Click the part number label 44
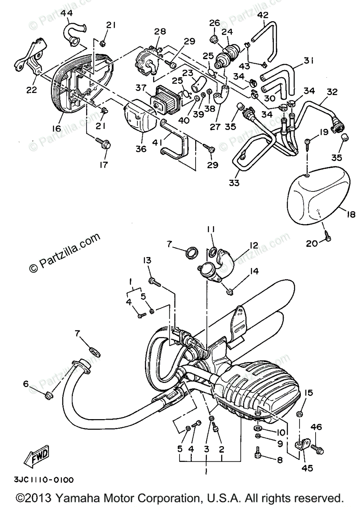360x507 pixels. coord(66,14)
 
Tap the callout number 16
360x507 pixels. coord(57,128)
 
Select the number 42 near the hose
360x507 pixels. coord(262,15)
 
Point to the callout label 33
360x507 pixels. coord(234,183)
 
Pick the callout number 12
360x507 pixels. coord(254,245)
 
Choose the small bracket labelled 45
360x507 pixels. coord(302,444)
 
